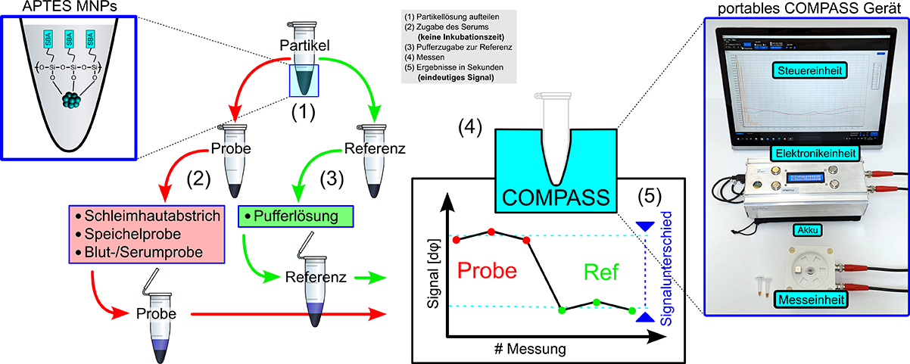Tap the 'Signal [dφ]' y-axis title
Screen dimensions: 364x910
click(x=434, y=262)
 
